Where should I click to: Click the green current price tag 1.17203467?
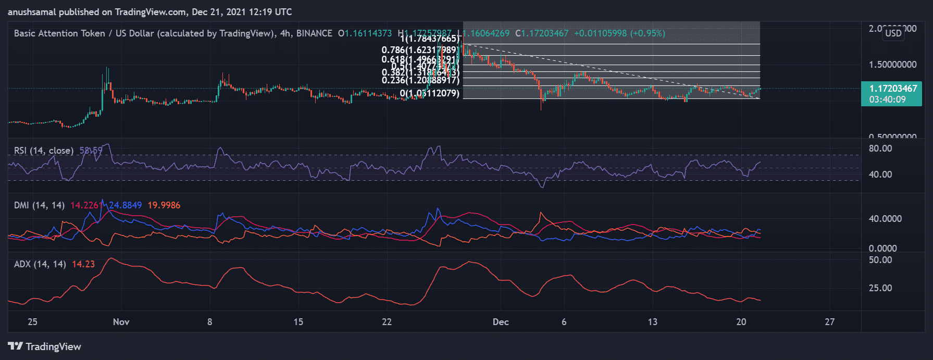tap(892, 89)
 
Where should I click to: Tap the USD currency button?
tap(893, 33)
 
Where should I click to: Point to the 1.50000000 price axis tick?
tap(892, 65)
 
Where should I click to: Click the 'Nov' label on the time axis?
tap(121, 322)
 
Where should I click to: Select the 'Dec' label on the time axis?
tap(501, 322)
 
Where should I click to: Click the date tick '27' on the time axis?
tap(829, 322)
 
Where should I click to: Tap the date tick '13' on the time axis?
tap(652, 322)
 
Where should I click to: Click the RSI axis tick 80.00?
tap(880, 148)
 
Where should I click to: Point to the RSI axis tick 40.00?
tap(880, 175)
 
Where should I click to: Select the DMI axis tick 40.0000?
tap(885, 219)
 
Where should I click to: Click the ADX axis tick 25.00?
tap(880, 288)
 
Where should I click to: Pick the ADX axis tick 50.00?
tap(880, 260)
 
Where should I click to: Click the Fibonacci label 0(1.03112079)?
tap(429, 94)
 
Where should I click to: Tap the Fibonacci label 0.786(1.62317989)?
tap(419, 51)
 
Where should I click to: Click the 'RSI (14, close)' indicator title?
tap(44, 151)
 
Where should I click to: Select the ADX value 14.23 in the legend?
tap(83, 264)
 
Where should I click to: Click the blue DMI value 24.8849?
tap(125, 205)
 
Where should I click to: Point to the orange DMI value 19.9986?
tap(164, 205)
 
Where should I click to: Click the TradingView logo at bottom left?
tap(45, 346)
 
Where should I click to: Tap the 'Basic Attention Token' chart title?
tap(59, 33)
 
